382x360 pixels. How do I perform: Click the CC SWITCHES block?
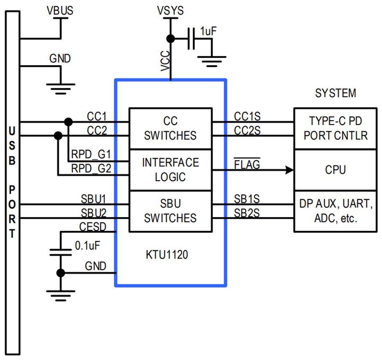[170, 128]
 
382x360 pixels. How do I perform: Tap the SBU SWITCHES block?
[170, 211]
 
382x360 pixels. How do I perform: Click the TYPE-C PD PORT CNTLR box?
[335, 128]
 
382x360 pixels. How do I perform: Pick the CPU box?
[335, 170]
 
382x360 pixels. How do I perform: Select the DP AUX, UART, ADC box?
[335, 211]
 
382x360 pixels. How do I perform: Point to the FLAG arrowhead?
[289, 170]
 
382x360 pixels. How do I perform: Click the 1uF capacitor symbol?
[191, 39]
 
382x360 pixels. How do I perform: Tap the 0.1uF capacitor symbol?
[60, 252]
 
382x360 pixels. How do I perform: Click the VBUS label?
[60, 11]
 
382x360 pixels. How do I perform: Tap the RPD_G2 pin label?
[91, 169]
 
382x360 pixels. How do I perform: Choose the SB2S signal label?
[247, 213]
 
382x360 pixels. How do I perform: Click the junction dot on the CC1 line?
[68, 122]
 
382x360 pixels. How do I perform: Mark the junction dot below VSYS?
[170, 39]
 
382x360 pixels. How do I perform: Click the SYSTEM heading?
[335, 93]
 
